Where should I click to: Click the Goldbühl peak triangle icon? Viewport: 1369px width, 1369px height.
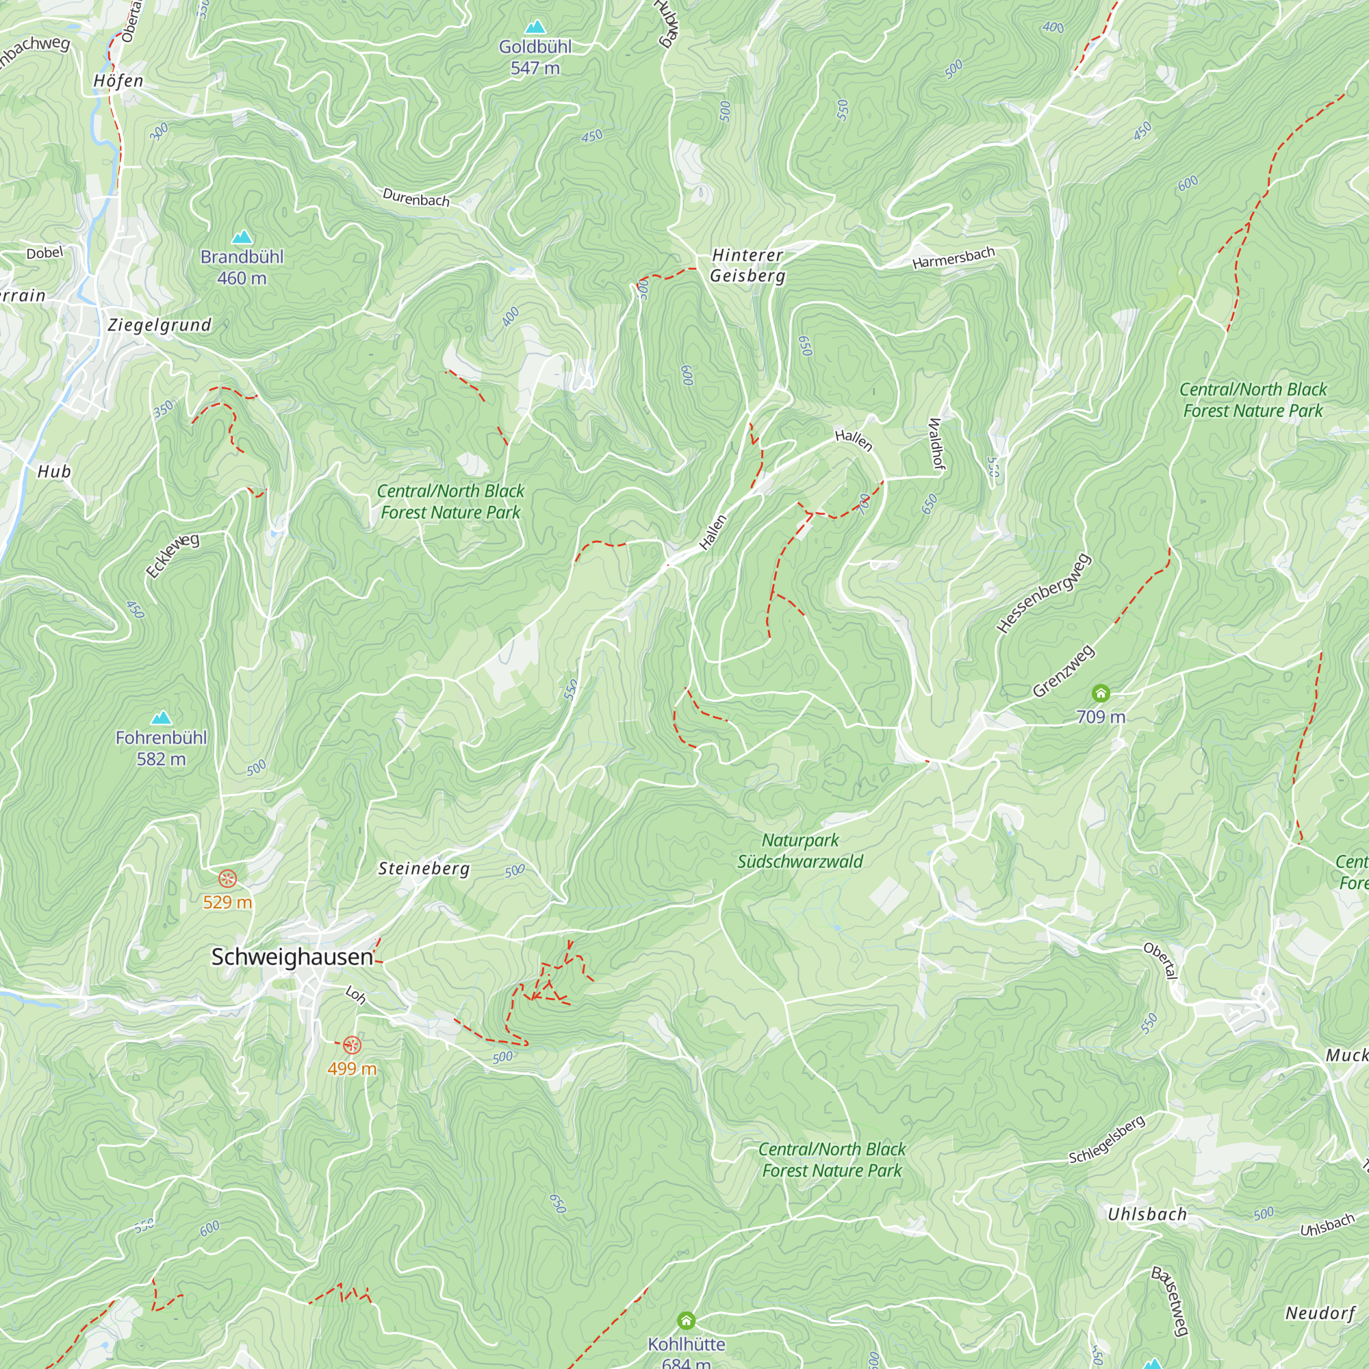click(x=535, y=27)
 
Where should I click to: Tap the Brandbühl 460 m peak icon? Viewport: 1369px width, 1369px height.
click(x=242, y=237)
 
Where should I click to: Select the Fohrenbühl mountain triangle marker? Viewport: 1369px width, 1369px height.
click(x=162, y=718)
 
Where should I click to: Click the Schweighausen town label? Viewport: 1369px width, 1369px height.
click(x=292, y=957)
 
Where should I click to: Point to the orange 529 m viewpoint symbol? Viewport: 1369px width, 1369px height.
click(x=227, y=880)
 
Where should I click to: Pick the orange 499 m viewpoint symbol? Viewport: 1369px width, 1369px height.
click(x=352, y=1045)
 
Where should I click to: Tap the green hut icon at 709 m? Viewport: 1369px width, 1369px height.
click(x=1101, y=693)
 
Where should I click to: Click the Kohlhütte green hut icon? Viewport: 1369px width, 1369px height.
click(x=686, y=1321)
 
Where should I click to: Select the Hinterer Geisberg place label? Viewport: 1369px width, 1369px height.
click(x=747, y=265)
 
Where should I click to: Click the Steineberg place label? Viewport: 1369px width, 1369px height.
click(x=424, y=869)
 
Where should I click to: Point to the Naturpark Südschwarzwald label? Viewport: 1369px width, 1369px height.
click(x=800, y=851)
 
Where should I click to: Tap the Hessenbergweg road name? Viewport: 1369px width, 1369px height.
click(x=1044, y=593)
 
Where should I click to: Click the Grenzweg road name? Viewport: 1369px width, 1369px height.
click(x=1063, y=671)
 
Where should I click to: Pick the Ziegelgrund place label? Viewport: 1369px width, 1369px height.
click(x=159, y=325)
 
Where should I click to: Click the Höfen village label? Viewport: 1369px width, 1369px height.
click(x=118, y=81)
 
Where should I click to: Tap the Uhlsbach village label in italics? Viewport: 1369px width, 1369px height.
click(x=1147, y=1214)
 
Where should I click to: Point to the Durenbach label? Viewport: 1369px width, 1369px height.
click(x=416, y=198)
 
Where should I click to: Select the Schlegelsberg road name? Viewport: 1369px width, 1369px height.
click(x=1106, y=1140)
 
